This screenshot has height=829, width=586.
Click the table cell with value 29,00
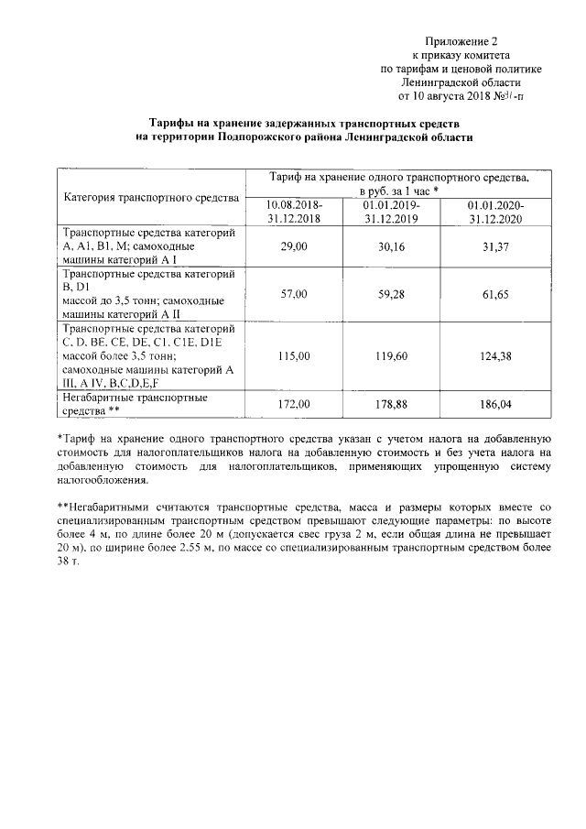294,247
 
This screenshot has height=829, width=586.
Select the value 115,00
294,355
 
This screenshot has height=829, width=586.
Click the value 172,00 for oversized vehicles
294,403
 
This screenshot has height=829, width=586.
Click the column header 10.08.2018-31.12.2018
294,213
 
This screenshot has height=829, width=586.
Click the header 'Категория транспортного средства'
150,197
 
